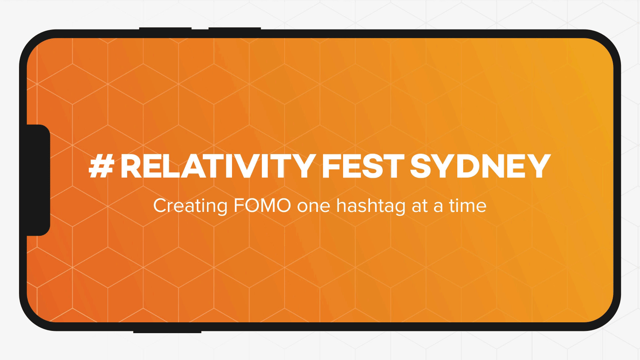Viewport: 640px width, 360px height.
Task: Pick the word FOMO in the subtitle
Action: pyautogui.click(x=262, y=206)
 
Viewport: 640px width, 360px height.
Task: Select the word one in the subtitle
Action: pyautogui.click(x=313, y=207)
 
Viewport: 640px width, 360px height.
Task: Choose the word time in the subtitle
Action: pyautogui.click(x=468, y=206)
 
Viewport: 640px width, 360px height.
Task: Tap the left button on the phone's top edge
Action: pyautogui.click(x=165, y=29)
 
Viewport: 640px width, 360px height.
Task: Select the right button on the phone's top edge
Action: pyautogui.click(x=235, y=29)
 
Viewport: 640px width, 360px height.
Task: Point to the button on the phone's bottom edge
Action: pyautogui.click(x=167, y=331)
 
